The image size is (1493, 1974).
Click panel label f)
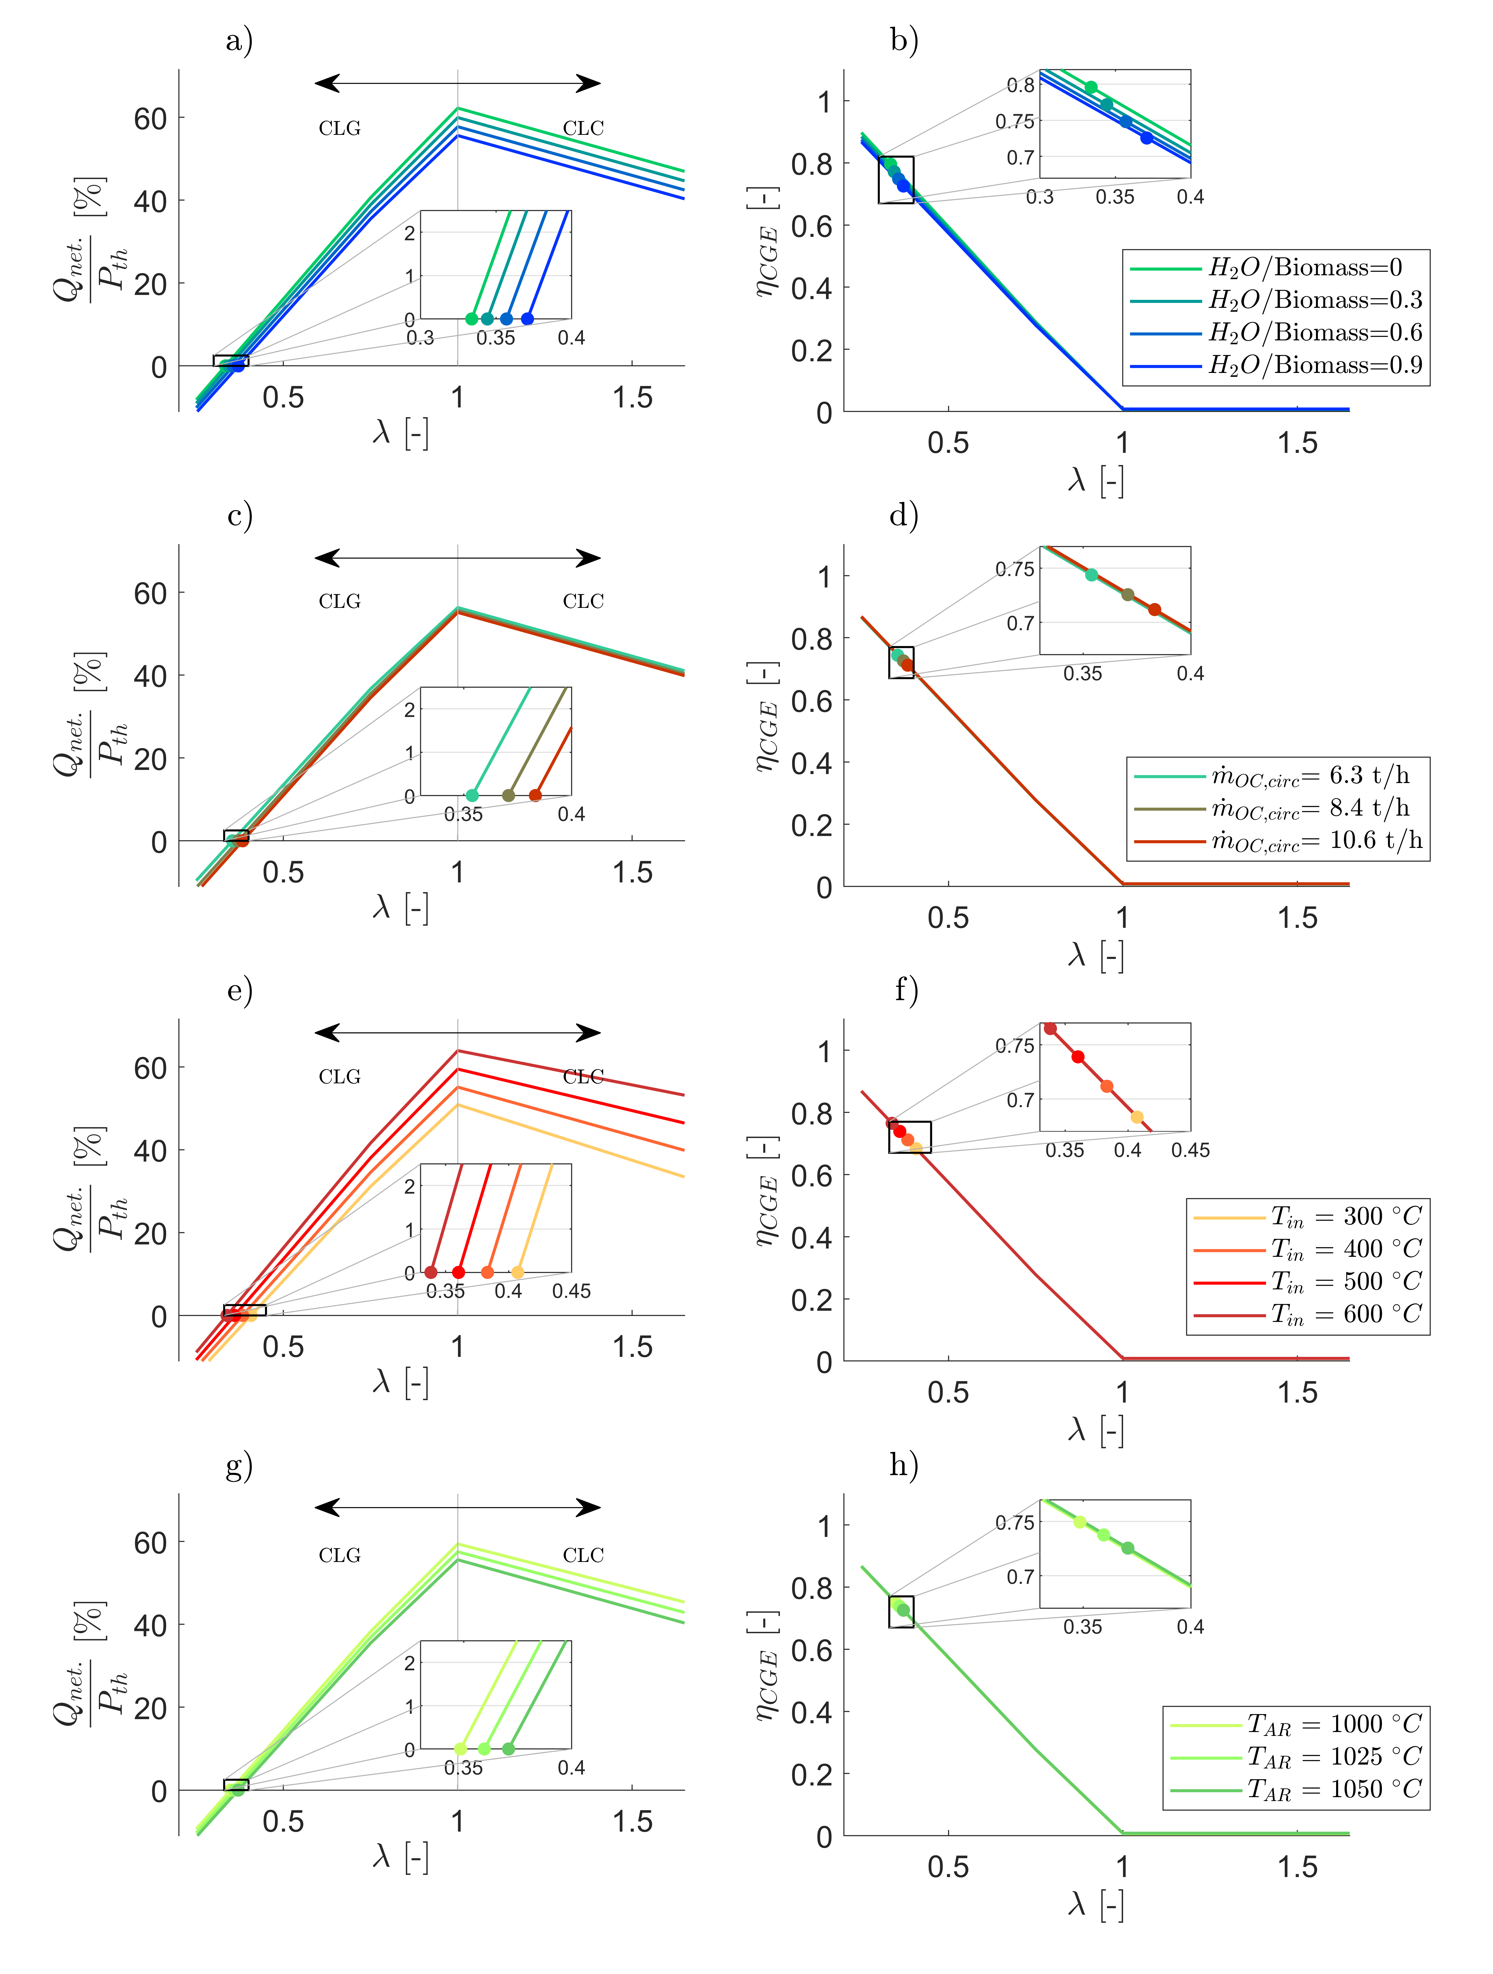(905, 991)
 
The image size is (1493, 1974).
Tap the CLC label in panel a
(583, 129)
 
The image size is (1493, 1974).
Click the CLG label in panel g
(339, 1555)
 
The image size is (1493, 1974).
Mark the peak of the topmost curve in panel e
(458, 1051)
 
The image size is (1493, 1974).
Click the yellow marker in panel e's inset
(518, 1272)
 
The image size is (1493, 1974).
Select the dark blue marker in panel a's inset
(527, 319)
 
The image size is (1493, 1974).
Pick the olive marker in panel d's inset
(1128, 594)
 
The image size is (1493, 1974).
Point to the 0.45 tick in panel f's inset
(1190, 1150)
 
